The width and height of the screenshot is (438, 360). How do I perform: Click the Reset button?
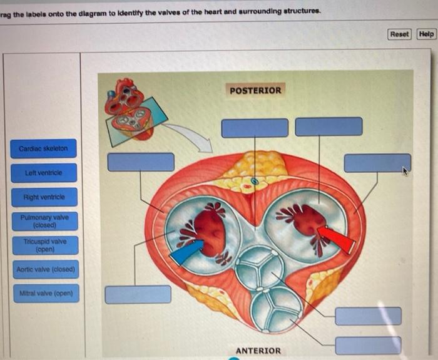[x=399, y=34]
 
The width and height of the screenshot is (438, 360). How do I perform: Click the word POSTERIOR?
[x=255, y=91]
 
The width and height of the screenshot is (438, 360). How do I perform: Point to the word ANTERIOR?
[x=258, y=351]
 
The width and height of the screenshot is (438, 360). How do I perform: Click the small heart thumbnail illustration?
[x=128, y=108]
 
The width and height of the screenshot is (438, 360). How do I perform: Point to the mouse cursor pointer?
[x=405, y=170]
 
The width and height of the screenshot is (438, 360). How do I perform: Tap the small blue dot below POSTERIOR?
[x=254, y=182]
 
